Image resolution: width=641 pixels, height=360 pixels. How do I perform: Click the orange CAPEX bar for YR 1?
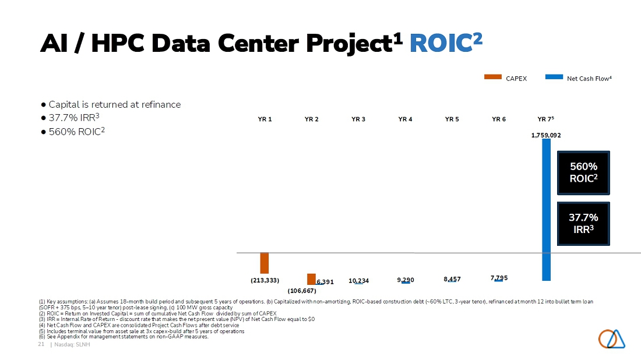(x=265, y=263)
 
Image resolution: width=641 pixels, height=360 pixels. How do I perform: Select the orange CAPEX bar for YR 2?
(x=312, y=279)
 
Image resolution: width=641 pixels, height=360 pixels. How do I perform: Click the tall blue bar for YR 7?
(x=546, y=210)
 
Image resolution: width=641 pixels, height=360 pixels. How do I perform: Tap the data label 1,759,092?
(x=546, y=135)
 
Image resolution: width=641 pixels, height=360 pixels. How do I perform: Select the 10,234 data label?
(x=358, y=281)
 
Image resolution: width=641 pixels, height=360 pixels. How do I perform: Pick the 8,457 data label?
(x=452, y=279)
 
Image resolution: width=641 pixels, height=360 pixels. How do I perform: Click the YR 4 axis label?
(x=405, y=119)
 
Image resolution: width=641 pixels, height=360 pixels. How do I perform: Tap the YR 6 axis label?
(x=499, y=119)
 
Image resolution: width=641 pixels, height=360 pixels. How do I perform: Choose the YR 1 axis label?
(x=265, y=119)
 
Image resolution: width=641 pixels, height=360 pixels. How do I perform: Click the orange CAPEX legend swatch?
(x=492, y=77)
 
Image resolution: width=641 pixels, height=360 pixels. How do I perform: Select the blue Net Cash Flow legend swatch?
(x=554, y=77)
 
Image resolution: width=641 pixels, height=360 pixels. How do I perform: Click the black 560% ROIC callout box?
(x=583, y=173)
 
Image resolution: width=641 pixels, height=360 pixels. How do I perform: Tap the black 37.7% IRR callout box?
(x=583, y=224)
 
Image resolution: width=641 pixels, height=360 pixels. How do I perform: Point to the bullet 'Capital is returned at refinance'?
(x=111, y=105)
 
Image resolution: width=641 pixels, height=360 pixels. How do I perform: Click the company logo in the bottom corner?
(x=611, y=339)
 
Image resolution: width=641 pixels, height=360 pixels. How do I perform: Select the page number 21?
(x=41, y=344)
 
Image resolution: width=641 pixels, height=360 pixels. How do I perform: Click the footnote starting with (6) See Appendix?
(x=124, y=337)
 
